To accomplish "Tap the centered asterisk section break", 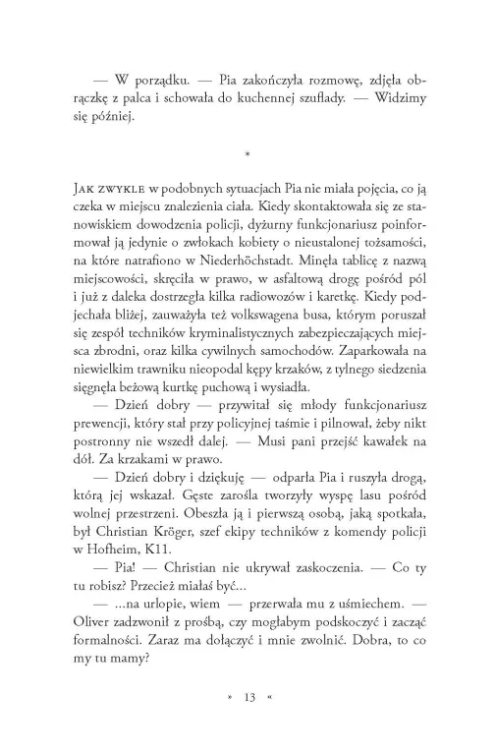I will click(x=248, y=153).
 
